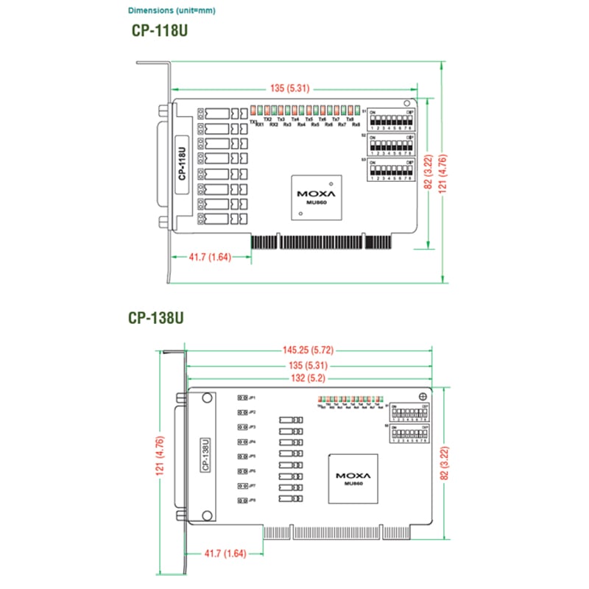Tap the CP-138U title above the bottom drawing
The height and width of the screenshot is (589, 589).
pos(155,318)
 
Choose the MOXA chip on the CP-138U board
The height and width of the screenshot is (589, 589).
pos(353,479)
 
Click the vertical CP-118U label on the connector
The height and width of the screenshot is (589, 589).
pos(181,165)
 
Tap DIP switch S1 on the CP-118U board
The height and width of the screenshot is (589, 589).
pos(389,119)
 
